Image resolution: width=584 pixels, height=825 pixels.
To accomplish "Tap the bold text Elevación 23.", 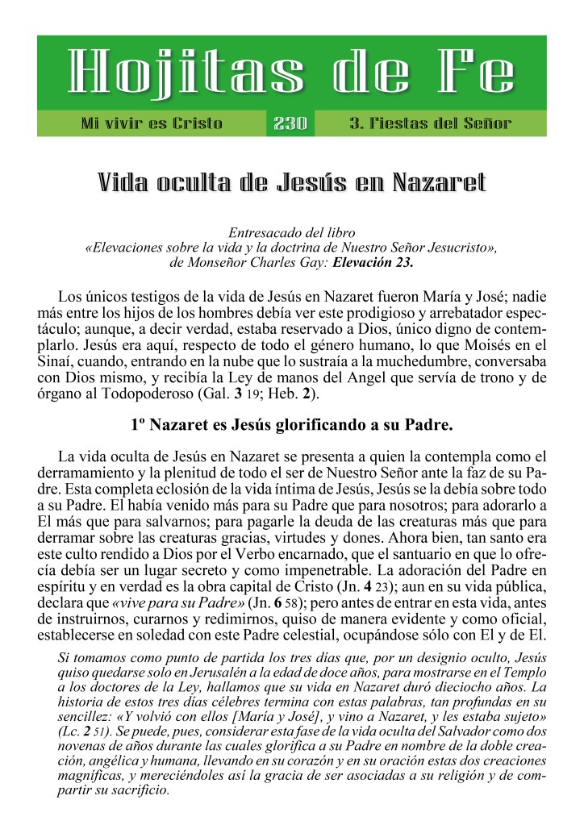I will [373, 263].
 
